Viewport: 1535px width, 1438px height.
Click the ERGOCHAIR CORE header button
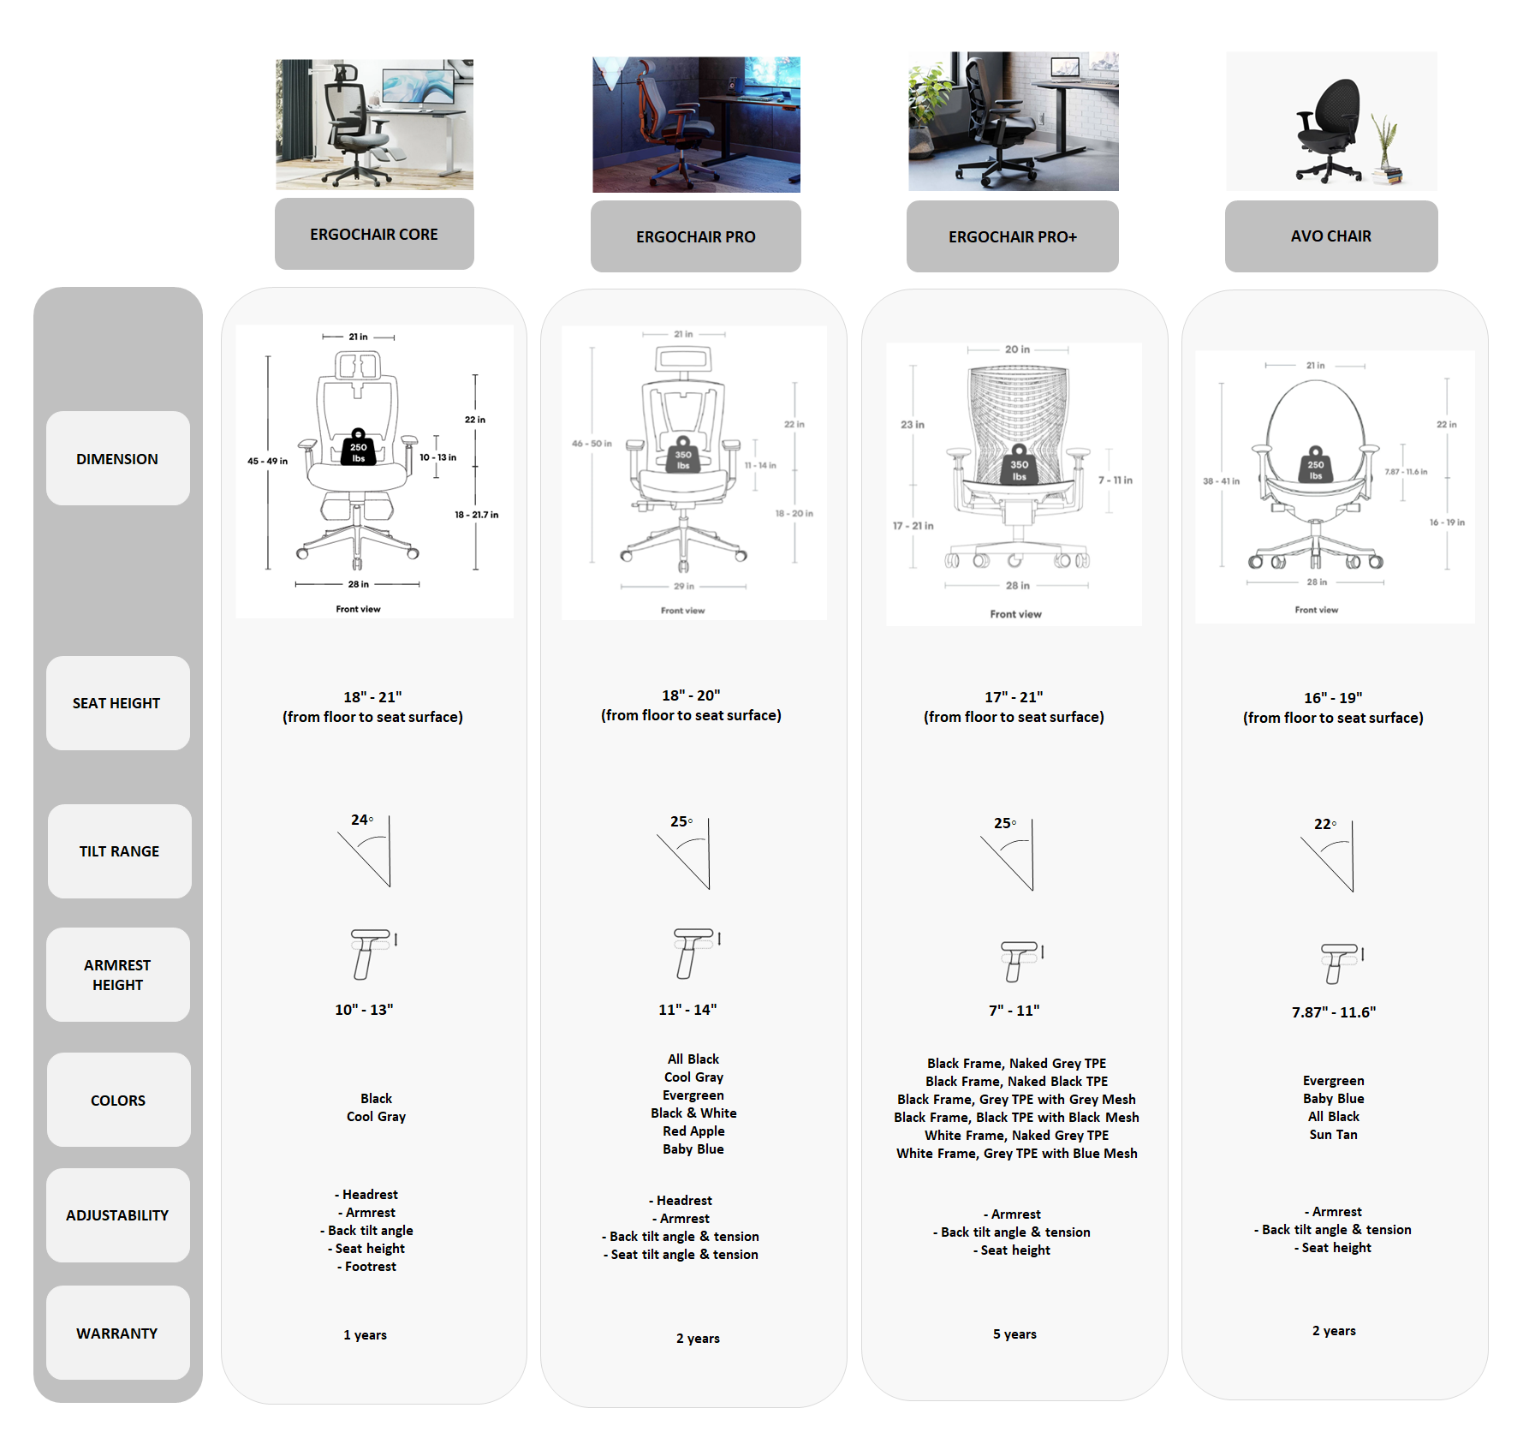pyautogui.click(x=374, y=234)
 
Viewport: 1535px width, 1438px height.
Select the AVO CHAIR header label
pyautogui.click(x=1330, y=236)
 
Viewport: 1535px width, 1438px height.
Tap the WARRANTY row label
pyautogui.click(x=117, y=1333)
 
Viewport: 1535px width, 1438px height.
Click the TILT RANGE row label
pyautogui.click(x=119, y=850)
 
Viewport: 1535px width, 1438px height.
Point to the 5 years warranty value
pyautogui.click(x=1014, y=1334)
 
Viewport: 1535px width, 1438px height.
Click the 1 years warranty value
pyautogui.click(x=365, y=1334)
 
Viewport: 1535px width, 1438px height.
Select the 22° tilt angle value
pyautogui.click(x=1324, y=824)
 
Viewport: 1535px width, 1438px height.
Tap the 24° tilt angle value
pyautogui.click(x=361, y=820)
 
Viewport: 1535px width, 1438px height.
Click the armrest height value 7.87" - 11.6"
pyautogui.click(x=1333, y=1011)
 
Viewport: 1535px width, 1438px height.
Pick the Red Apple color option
pyautogui.click(x=693, y=1131)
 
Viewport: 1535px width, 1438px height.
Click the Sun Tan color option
pyautogui.click(x=1333, y=1134)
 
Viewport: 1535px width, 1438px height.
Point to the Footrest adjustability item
pyautogui.click(x=370, y=1266)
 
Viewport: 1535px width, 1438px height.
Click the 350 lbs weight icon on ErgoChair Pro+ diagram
pyautogui.click(x=1019, y=465)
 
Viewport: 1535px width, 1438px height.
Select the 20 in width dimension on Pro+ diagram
pyautogui.click(x=1017, y=349)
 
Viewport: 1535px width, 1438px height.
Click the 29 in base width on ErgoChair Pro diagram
pyautogui.click(x=683, y=587)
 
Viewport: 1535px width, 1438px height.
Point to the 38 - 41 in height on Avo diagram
pyautogui.click(x=1221, y=481)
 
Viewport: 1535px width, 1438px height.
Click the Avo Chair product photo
pyautogui.click(x=1330, y=121)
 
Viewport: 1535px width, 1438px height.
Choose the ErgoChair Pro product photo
pyautogui.click(x=696, y=124)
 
